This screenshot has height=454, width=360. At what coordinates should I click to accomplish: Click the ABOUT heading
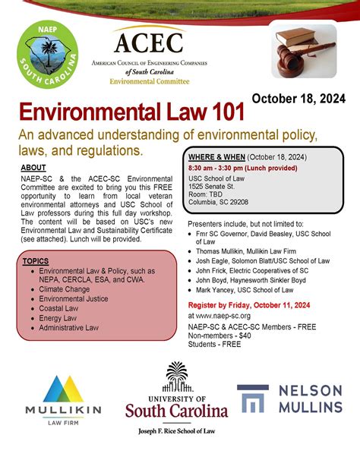[x=33, y=167]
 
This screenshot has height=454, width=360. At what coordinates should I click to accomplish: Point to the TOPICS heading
[x=35, y=261]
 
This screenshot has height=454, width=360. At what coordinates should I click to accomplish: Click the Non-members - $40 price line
[x=220, y=335]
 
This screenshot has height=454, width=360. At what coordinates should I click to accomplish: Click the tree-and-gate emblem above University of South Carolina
[x=177, y=377]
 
